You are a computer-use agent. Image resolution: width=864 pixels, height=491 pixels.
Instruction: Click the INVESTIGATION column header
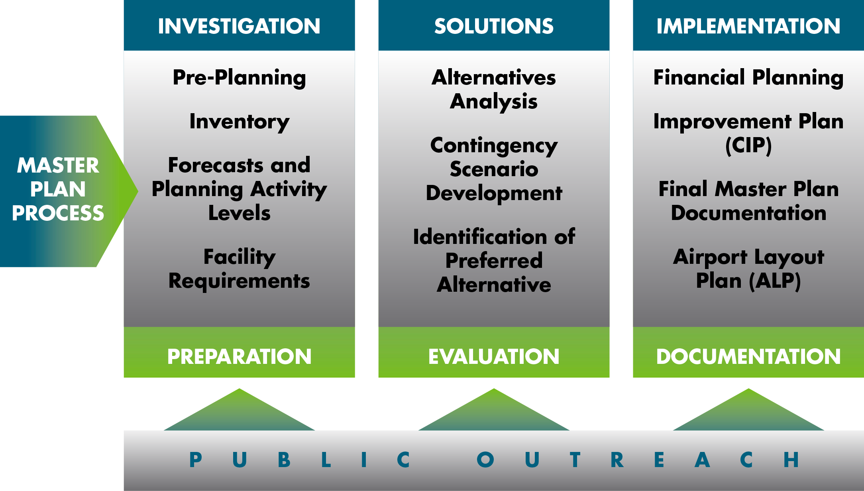[239, 26]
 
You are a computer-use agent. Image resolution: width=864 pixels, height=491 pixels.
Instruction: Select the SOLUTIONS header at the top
[494, 26]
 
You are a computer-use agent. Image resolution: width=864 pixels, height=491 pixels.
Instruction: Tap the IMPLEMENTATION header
[748, 26]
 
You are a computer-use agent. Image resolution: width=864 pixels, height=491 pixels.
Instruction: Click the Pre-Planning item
[239, 78]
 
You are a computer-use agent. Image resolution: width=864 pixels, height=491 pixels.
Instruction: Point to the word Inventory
[239, 122]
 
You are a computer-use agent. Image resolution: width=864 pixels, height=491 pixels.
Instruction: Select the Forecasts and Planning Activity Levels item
[239, 189]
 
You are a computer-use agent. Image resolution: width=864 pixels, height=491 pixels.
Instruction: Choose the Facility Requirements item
[239, 269]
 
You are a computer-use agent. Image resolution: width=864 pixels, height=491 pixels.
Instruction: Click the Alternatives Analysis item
[494, 90]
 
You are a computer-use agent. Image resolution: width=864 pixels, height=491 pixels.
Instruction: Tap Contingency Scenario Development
[494, 169]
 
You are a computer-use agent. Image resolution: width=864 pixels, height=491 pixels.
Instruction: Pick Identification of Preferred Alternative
[494, 261]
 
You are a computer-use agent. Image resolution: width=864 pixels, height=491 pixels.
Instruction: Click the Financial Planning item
[748, 78]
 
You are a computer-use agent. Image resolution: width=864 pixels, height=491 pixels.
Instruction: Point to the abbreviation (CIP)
[748, 145]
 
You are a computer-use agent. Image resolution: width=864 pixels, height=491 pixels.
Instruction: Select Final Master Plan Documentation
[748, 201]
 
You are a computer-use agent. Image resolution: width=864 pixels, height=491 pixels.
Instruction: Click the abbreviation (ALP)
[775, 281]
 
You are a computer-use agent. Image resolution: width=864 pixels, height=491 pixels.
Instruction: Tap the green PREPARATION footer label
[239, 356]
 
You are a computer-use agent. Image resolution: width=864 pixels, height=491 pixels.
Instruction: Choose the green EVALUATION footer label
[494, 356]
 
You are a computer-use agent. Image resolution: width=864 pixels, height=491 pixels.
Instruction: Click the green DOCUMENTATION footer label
[748, 356]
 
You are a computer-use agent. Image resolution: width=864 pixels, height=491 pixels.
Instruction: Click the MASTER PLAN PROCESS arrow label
[58, 189]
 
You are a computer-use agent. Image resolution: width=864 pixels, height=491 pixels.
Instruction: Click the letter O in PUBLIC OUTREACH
[485, 460]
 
